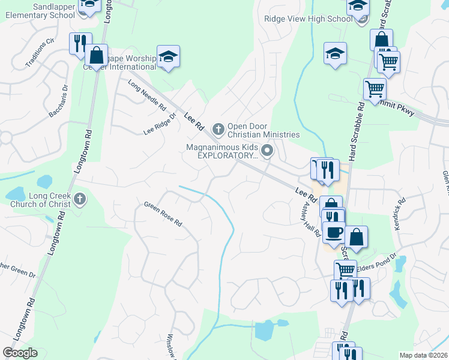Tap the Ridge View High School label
(x=308, y=19)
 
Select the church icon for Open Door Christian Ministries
(x=218, y=127)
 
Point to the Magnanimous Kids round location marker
(x=268, y=150)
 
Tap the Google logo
(x=20, y=353)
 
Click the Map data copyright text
(x=423, y=355)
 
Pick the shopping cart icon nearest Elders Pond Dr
(x=345, y=270)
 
